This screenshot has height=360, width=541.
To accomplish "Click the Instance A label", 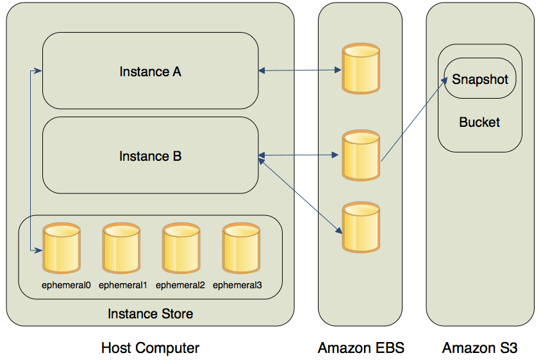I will pyautogui.click(x=150, y=72).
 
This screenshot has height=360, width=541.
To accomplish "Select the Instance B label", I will pyautogui.click(x=150, y=156).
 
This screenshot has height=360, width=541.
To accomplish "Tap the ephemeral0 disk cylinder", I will pyautogui.click(x=61, y=248).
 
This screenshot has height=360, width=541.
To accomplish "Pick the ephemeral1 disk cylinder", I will pyautogui.click(x=121, y=248).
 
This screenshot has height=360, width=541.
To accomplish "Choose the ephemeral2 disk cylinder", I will pyautogui.click(x=181, y=248).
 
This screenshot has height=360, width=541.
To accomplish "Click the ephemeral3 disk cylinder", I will pyautogui.click(x=241, y=248).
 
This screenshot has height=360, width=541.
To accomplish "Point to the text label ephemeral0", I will pyautogui.click(x=66, y=285).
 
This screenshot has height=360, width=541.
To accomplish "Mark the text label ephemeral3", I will pyautogui.click(x=237, y=285).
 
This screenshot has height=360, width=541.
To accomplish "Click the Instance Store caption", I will pyautogui.click(x=150, y=314).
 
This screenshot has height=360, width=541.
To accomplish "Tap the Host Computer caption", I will pyautogui.click(x=150, y=348).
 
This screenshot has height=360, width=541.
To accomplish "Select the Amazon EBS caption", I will pyautogui.click(x=361, y=348).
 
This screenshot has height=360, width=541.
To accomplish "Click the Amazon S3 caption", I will pyautogui.click(x=479, y=348).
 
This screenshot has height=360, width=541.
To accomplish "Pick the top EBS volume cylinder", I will pyautogui.click(x=360, y=69).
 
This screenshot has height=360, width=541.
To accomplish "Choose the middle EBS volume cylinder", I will pyautogui.click(x=360, y=155).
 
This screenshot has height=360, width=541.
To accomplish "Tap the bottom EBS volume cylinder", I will pyautogui.click(x=360, y=227).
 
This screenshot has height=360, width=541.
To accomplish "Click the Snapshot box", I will pyautogui.click(x=479, y=79).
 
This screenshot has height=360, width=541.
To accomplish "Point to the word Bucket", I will pyautogui.click(x=479, y=122).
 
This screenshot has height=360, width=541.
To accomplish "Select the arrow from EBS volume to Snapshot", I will pyautogui.click(x=413, y=119).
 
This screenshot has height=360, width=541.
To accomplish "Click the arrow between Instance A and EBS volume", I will pyautogui.click(x=299, y=70).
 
